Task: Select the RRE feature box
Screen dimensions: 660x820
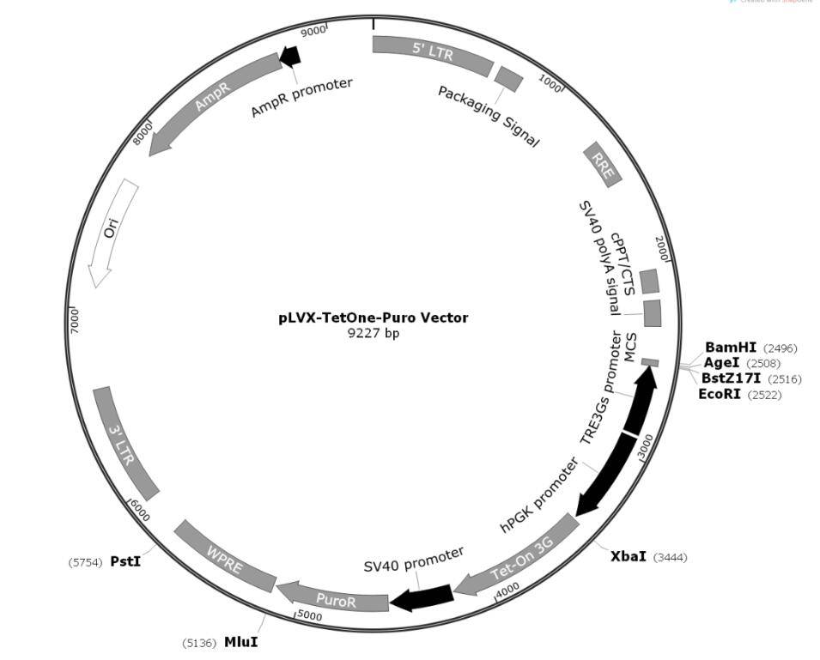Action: (602, 164)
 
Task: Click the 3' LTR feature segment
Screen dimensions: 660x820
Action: (125, 443)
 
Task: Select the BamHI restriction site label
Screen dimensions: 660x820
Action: (731, 348)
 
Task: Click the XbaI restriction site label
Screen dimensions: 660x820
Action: (629, 556)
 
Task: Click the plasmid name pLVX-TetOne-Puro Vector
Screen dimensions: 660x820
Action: (374, 318)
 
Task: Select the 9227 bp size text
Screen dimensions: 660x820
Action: (374, 333)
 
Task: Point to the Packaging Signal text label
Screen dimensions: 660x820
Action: (489, 116)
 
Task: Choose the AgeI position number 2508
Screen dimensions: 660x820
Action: (763, 363)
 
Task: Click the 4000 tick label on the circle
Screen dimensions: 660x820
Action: (507, 590)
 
